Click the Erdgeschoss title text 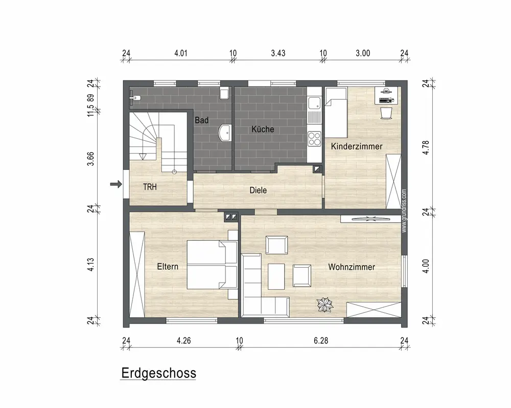(x=159, y=373)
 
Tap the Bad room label (x=201, y=120)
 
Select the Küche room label (x=263, y=129)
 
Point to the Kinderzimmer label (x=357, y=146)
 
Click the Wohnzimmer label (x=352, y=267)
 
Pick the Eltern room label (x=168, y=266)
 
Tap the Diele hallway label (x=258, y=190)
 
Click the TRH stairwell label (x=150, y=187)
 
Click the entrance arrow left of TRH (x=116, y=184)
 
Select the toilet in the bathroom (x=224, y=93)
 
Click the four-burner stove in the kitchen (x=314, y=138)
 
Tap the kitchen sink (x=314, y=103)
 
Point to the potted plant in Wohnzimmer (x=325, y=305)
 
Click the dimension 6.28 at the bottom (x=321, y=341)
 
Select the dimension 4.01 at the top (x=181, y=53)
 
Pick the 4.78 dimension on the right (x=426, y=147)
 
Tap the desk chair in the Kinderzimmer (x=386, y=113)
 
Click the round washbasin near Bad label (x=224, y=133)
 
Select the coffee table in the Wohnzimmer (x=276, y=276)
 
